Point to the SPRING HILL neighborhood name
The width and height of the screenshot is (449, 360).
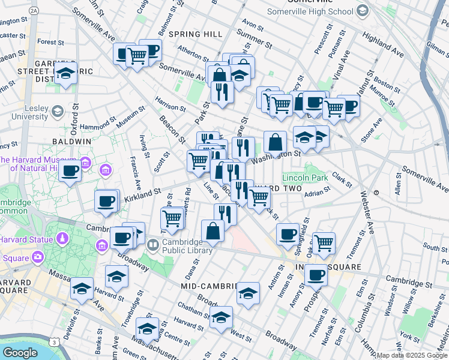(195, 34)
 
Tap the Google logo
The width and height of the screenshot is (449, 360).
(20, 353)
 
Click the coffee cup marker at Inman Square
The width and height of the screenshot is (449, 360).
(316, 275)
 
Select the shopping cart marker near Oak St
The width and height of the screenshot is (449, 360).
(324, 243)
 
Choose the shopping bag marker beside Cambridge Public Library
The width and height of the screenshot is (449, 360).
(212, 231)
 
